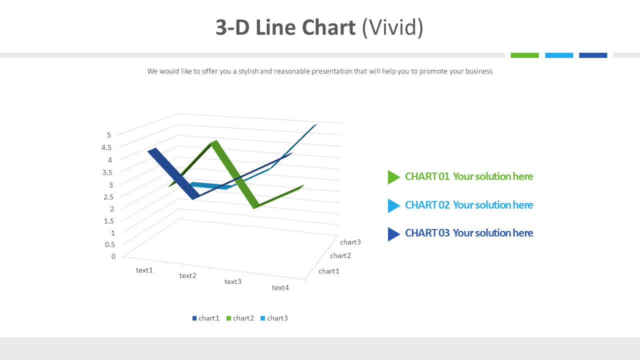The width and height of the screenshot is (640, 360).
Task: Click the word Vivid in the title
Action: (x=392, y=27)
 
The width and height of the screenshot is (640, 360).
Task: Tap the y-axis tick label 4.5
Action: (x=106, y=147)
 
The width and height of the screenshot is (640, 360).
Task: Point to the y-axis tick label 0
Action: (x=113, y=256)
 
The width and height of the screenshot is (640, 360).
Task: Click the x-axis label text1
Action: (x=144, y=270)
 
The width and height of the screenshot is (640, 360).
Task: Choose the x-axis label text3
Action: (x=233, y=281)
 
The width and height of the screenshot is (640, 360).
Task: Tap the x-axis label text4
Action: (x=280, y=287)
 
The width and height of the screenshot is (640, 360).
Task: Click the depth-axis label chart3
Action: (x=350, y=242)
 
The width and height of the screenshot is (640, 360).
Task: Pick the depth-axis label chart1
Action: (x=329, y=271)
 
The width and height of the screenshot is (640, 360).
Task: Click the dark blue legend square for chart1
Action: (x=194, y=318)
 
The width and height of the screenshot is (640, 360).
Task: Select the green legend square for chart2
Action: (x=229, y=318)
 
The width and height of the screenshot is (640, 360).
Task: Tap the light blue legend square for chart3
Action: (x=263, y=318)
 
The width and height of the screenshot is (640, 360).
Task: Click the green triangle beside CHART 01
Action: (x=393, y=177)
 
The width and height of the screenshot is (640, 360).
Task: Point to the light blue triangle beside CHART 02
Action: (x=393, y=205)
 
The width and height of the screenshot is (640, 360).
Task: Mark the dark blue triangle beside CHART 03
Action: (x=393, y=233)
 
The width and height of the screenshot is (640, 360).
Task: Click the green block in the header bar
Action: (x=524, y=55)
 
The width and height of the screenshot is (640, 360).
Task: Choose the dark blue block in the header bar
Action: (x=593, y=55)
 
